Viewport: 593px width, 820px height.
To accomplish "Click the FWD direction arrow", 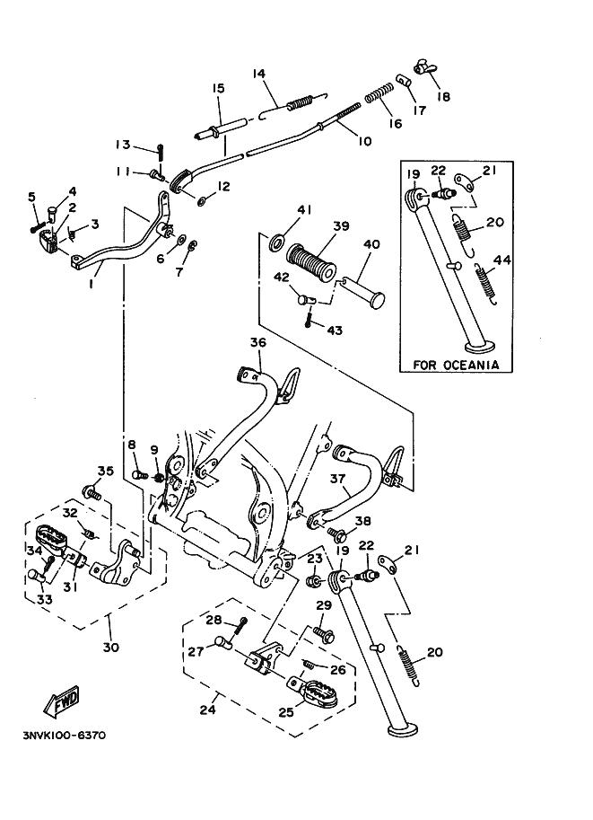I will pyautogui.click(x=63, y=701).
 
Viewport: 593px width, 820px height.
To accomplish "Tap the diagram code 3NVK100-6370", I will pyautogui.click(x=64, y=735).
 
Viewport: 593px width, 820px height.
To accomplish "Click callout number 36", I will pyautogui.click(x=257, y=342).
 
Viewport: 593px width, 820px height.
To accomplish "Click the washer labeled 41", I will pyautogui.click(x=279, y=241).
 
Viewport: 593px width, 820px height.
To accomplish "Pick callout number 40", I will pyautogui.click(x=372, y=243).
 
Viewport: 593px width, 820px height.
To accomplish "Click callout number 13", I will pyautogui.click(x=123, y=145).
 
